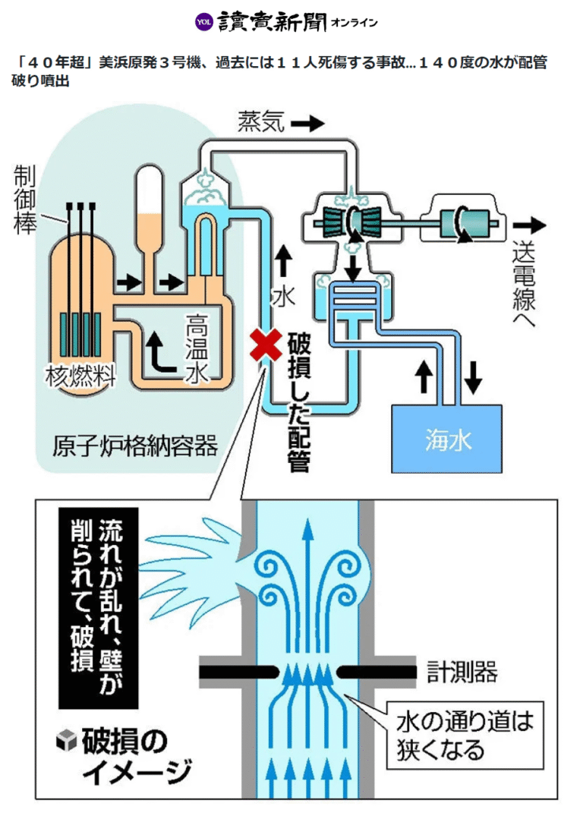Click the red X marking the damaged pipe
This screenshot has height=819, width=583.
pos(265,346)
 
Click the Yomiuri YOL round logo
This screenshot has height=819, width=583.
pos(203,22)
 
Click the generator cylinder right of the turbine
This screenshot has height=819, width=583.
pos(464,224)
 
